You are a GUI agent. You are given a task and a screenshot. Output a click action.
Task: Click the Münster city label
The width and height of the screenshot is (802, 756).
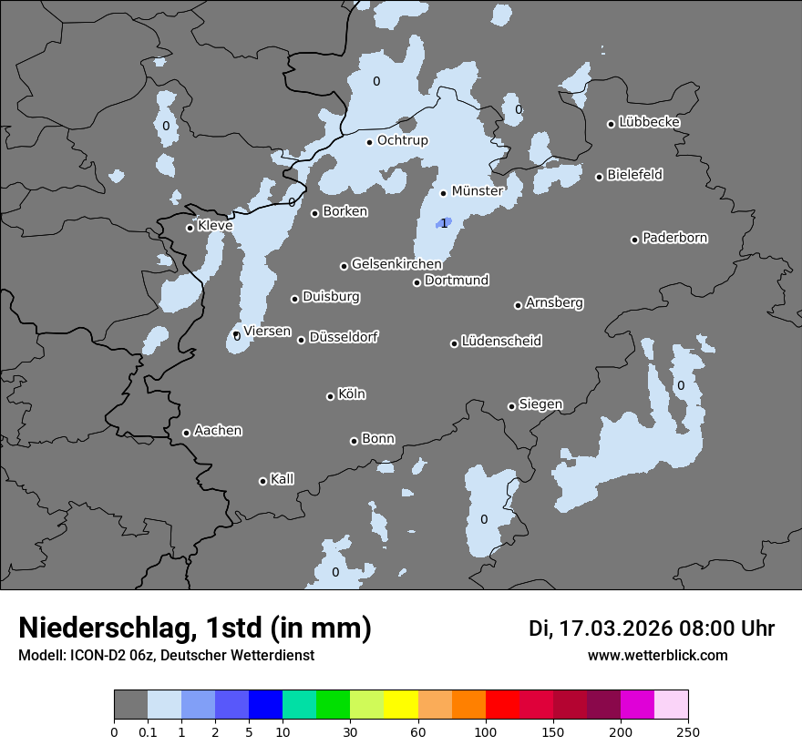pos(478,191)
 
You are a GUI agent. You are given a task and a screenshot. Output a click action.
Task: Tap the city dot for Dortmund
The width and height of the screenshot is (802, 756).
pos(416,282)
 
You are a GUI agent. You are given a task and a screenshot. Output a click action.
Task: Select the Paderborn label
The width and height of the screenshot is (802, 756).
pos(674,238)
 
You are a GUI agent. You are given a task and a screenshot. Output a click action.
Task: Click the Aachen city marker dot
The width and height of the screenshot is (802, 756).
pos(186,433)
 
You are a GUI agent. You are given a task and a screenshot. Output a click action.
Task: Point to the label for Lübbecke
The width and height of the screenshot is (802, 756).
pos(649,122)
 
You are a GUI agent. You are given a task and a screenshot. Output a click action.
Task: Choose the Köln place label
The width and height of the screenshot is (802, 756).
pos(351,394)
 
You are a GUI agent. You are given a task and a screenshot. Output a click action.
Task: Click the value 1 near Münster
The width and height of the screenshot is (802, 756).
pos(444,223)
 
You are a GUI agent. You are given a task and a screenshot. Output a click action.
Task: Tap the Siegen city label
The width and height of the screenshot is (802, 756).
pos(540,404)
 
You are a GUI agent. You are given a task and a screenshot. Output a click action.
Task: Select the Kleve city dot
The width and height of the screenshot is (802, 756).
pos(190,228)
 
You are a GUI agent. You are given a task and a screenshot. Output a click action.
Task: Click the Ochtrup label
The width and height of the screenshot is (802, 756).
pos(402,140)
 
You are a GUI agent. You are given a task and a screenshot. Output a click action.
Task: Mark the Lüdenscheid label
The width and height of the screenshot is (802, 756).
pos(501,342)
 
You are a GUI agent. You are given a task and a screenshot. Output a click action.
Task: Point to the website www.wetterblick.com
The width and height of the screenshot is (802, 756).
pos(657,656)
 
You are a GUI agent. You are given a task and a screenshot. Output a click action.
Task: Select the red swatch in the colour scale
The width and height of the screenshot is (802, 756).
pos(502,705)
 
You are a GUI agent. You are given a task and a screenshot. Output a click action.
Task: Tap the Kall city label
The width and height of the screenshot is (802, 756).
pos(282,479)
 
